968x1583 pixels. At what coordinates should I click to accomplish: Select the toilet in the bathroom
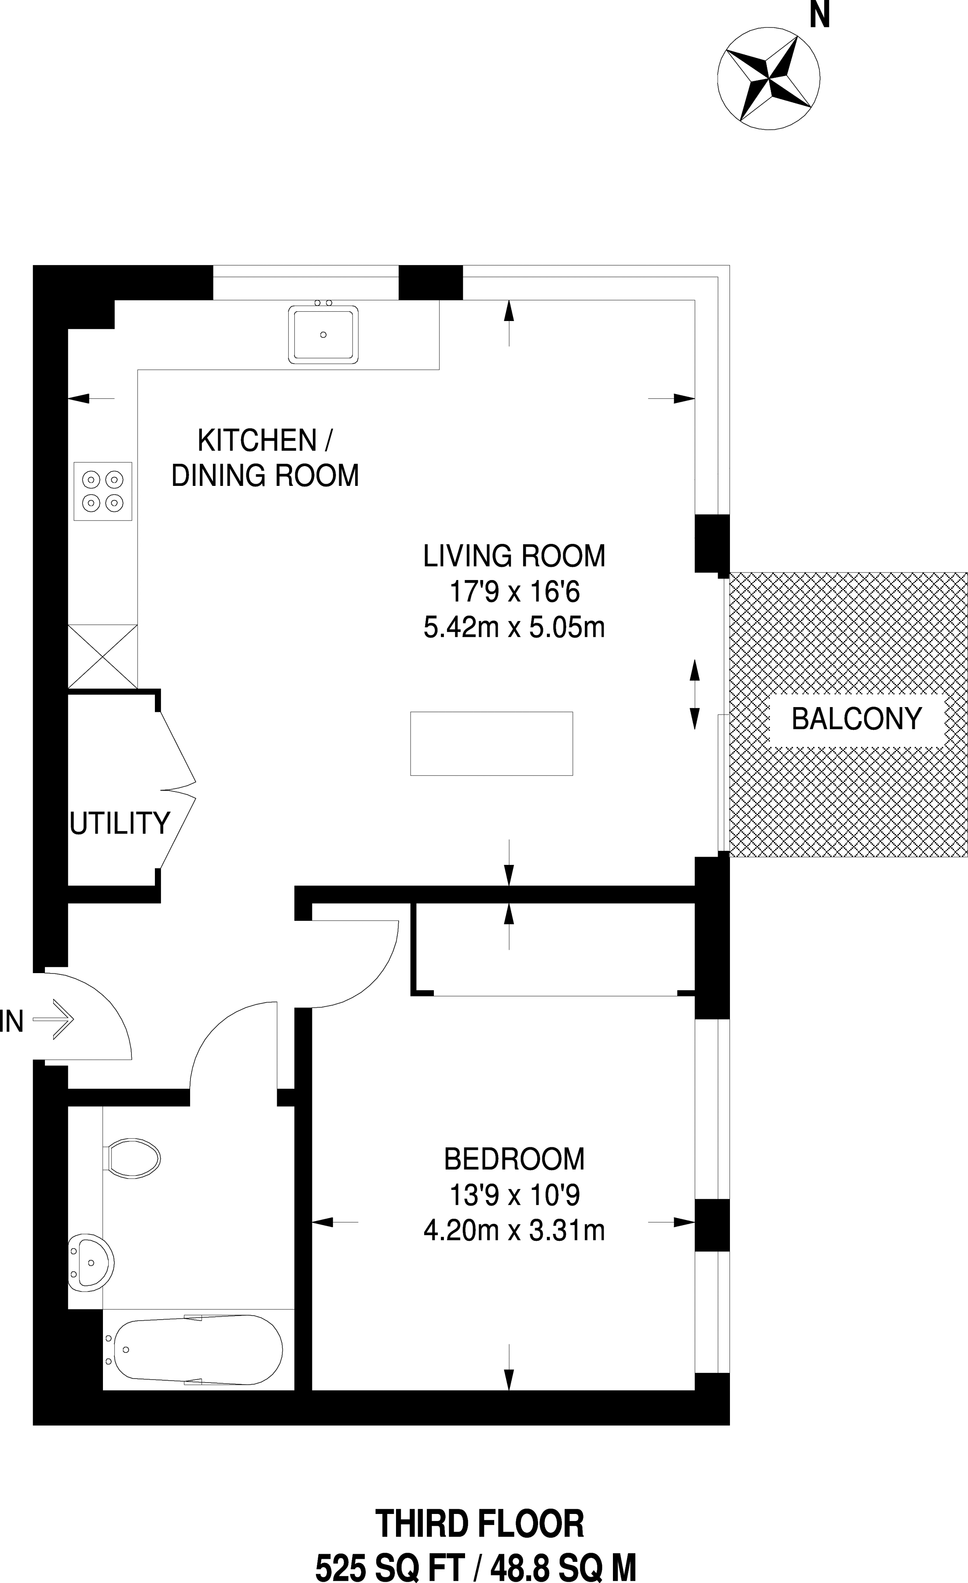click(131, 1158)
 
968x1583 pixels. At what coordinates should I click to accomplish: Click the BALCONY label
click(857, 718)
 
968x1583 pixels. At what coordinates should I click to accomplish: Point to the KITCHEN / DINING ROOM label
click(265, 458)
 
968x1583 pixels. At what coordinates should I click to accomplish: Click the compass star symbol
click(768, 78)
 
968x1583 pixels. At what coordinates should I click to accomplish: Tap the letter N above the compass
click(820, 14)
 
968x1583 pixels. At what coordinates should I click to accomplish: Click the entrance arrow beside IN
click(53, 1018)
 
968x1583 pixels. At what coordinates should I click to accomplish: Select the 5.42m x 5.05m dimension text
click(514, 627)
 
